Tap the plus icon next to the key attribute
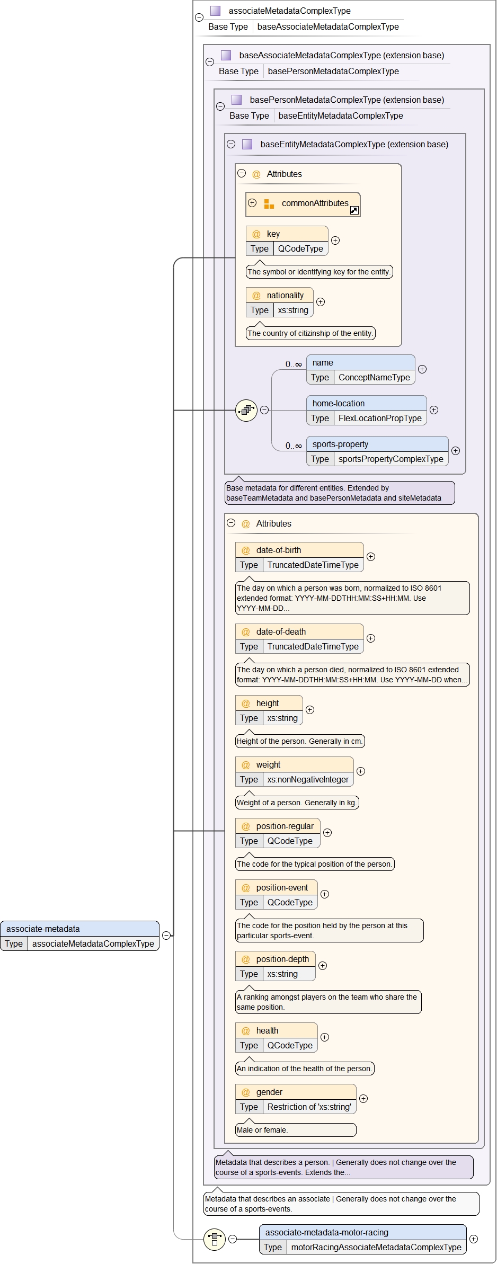click(335, 241)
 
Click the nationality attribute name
click(285, 296)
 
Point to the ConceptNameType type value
click(374, 378)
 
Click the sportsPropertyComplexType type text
click(390, 459)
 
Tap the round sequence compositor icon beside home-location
click(246, 410)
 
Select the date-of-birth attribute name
click(278, 550)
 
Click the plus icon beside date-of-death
click(371, 638)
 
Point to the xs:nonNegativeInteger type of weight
click(308, 780)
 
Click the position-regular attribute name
click(285, 826)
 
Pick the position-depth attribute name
click(282, 959)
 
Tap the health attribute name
click(267, 1031)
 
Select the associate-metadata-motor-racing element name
click(326, 1233)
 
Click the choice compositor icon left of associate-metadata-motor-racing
click(215, 1240)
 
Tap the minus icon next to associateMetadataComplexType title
click(199, 17)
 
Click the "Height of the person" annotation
click(299, 742)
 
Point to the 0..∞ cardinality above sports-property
click(294, 446)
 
